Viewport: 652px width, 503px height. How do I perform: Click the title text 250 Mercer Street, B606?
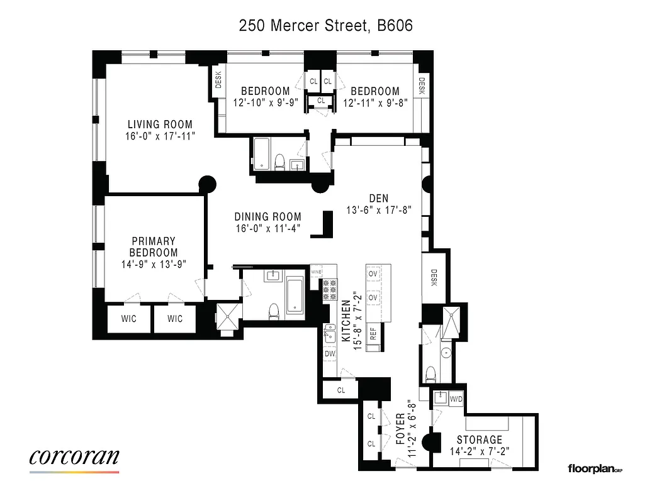(x=325, y=26)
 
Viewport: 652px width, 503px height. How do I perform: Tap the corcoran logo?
(x=74, y=458)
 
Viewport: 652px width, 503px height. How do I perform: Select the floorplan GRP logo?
(x=595, y=468)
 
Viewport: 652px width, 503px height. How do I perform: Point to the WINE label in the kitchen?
(x=317, y=272)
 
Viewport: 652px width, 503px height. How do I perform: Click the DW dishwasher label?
(x=329, y=354)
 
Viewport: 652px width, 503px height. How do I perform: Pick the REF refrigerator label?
(x=373, y=334)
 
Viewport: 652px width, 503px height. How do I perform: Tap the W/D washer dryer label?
(x=456, y=399)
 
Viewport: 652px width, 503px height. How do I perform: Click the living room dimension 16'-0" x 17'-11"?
(x=160, y=135)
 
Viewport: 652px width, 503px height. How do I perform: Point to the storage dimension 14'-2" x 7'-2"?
(x=480, y=450)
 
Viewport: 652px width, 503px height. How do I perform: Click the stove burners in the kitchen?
(x=330, y=289)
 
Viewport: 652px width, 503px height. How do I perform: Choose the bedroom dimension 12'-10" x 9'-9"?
(x=264, y=102)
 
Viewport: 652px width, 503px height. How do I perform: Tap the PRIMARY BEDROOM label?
(x=153, y=246)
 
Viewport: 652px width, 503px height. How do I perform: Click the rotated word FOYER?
(x=400, y=429)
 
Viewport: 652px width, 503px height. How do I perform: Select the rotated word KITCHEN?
(x=346, y=321)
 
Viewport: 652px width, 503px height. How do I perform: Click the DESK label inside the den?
(x=434, y=277)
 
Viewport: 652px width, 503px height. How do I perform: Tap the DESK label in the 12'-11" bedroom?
(x=422, y=85)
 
